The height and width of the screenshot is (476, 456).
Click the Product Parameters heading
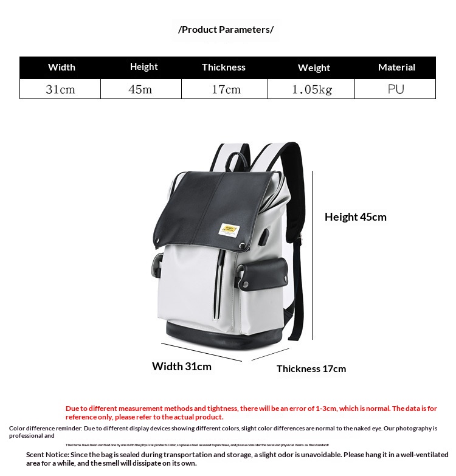click(226, 29)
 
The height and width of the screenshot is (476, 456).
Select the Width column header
click(61, 67)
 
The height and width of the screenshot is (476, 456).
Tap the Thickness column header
click(224, 67)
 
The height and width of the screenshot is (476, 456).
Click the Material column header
click(396, 67)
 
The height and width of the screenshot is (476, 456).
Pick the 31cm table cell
click(60, 89)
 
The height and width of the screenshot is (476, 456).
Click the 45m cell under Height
click(140, 89)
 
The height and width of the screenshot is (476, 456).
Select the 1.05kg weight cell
click(312, 89)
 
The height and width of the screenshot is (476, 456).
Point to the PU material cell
click(396, 89)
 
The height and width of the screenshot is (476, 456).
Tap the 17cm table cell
click(226, 89)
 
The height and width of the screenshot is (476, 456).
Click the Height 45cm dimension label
click(355, 217)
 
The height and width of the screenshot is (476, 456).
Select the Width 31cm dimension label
click(181, 366)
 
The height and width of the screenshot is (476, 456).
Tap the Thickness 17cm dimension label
click(311, 368)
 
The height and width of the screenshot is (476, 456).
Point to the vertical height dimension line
click(313, 255)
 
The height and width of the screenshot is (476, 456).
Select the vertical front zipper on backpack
click(216, 286)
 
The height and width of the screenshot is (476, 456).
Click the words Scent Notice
click(47, 455)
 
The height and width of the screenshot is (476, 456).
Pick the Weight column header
click(314, 68)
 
